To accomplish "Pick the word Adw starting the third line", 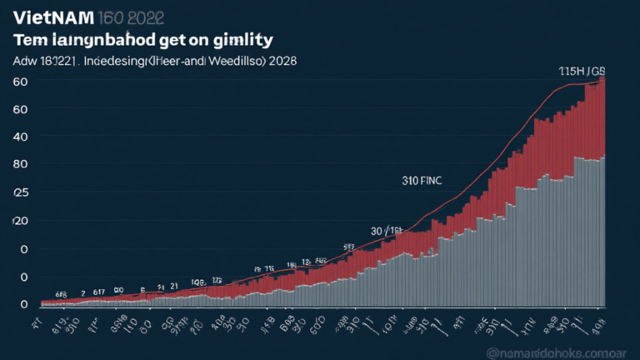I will [x=25, y=61].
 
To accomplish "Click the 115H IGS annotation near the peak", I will [x=581, y=72].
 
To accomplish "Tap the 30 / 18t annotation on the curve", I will [x=387, y=230].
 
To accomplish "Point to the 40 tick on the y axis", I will [x=20, y=137].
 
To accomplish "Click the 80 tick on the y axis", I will [x=20, y=165].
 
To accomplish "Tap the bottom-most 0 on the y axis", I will [x=24, y=305].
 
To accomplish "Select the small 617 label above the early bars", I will [x=98, y=292].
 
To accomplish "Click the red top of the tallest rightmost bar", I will [x=602, y=92].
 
